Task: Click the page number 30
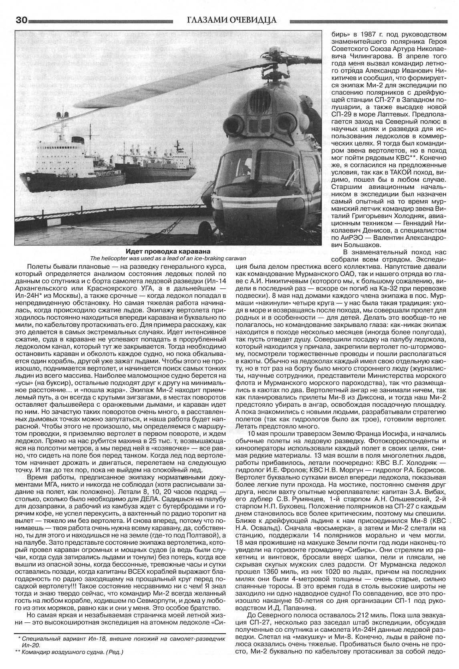tap(10, 20)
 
